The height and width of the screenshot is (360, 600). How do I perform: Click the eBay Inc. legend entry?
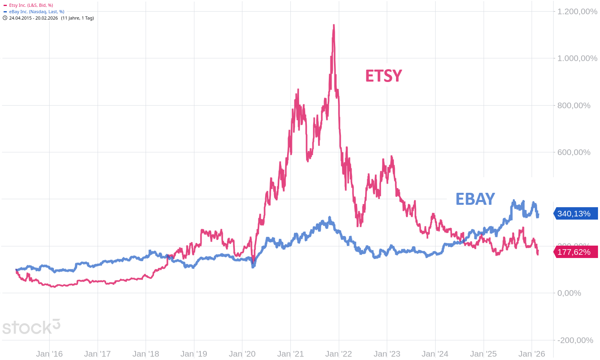(x=36, y=12)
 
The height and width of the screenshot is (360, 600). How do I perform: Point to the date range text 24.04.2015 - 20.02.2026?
(x=34, y=18)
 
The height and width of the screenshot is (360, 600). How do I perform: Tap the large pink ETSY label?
(x=383, y=76)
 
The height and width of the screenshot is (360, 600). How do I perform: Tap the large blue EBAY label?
(x=475, y=199)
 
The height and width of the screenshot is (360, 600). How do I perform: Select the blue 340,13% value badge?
(x=574, y=214)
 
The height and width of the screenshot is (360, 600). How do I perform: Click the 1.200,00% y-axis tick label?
(x=577, y=12)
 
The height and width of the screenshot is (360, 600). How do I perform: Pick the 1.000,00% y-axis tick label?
(x=577, y=58)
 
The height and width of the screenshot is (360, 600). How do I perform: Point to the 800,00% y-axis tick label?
(x=574, y=106)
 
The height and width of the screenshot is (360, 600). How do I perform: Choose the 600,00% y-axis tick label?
(x=574, y=152)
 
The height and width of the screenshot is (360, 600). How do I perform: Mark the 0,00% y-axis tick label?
(x=569, y=293)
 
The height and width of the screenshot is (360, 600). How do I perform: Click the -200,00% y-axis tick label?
(x=576, y=340)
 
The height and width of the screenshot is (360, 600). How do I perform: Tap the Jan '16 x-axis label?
(x=49, y=354)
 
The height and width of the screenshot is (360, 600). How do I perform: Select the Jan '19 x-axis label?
(x=194, y=354)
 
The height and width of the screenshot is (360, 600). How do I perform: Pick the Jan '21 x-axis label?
(x=290, y=354)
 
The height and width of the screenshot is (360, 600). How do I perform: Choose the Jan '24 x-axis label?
(x=435, y=354)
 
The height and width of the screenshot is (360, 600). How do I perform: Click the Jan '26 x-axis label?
(x=532, y=354)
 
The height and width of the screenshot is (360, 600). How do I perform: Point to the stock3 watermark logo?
(x=31, y=327)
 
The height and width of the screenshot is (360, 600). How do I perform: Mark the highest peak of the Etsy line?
(x=334, y=26)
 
